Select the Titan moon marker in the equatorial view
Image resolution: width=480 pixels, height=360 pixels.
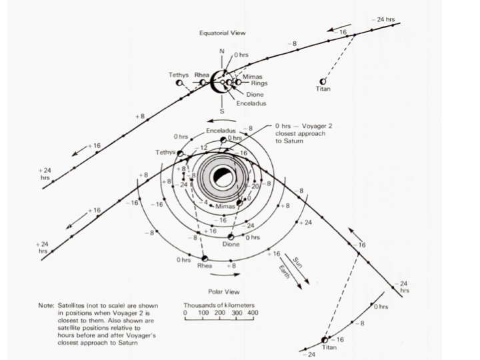pos(323,81)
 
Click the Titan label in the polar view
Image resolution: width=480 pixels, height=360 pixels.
pos(329,347)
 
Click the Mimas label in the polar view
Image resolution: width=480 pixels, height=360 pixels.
pos(225,207)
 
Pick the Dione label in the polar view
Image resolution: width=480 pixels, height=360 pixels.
pos(231,244)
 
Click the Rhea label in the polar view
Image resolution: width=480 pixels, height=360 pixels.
pos(204,265)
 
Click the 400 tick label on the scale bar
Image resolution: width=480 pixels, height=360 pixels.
pos(252,312)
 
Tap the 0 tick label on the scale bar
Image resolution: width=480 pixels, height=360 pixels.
pos(185,312)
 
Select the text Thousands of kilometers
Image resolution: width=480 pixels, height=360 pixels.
pos(220,305)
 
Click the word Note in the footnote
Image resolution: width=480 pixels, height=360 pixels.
pos(46,305)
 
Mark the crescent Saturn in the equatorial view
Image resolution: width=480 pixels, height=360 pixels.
pos(217,83)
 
